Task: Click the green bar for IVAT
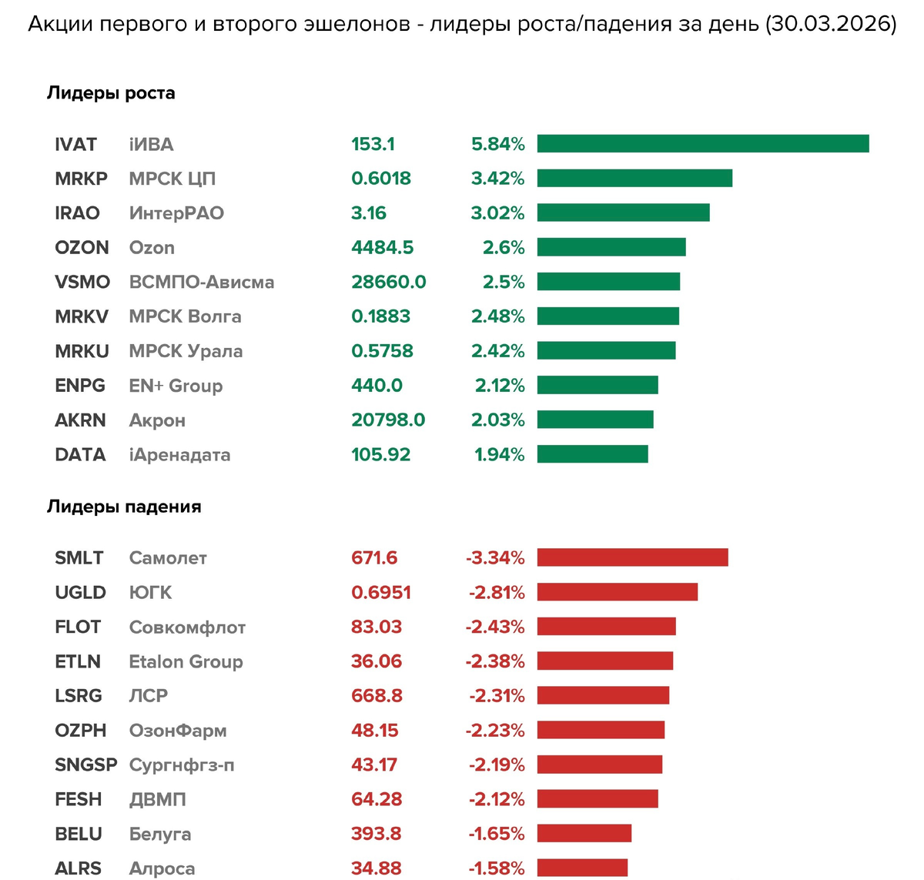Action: [703, 144]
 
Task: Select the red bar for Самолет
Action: [632, 557]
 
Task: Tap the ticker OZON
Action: [82, 248]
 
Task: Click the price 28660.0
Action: [388, 282]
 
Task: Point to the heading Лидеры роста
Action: [111, 93]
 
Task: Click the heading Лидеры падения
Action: [124, 507]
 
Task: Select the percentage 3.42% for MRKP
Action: [497, 179]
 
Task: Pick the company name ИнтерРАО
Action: [176, 213]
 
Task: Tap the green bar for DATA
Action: [592, 454]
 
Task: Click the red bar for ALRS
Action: [582, 868]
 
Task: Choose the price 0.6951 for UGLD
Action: [380, 592]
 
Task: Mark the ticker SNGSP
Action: [85, 765]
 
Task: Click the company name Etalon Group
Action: [186, 661]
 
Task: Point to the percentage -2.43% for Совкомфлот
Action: [494, 627]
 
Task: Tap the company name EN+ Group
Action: [176, 386]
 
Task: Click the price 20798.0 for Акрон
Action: [388, 420]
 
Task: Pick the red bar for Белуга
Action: [584, 834]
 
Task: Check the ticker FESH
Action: [78, 799]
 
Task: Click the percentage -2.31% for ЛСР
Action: [497, 696]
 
